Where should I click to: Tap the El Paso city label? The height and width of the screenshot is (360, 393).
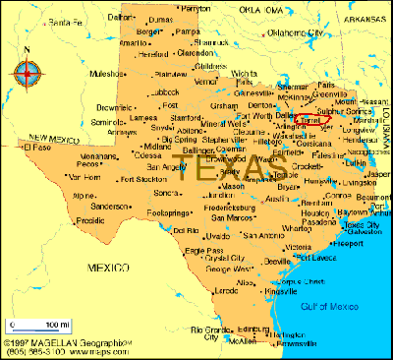(x=35, y=148)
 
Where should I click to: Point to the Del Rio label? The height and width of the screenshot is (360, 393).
(x=185, y=230)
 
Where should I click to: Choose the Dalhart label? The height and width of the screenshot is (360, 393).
(x=118, y=17)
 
